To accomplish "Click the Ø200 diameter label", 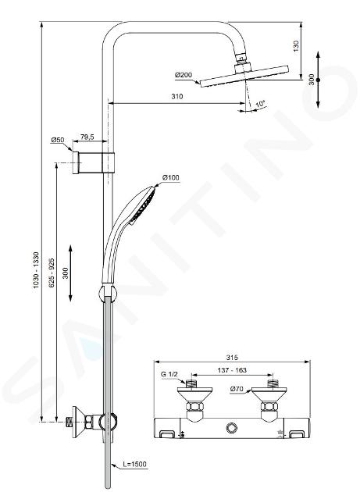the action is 184,75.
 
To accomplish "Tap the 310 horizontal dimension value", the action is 177,96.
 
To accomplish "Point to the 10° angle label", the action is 260,104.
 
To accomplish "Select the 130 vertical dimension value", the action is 296,46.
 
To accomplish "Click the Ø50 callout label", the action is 57,140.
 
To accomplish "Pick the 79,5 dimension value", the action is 87,137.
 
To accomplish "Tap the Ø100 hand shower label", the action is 171,177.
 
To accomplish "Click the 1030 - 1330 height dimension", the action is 37,270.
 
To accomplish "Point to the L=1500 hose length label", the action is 134,464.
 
